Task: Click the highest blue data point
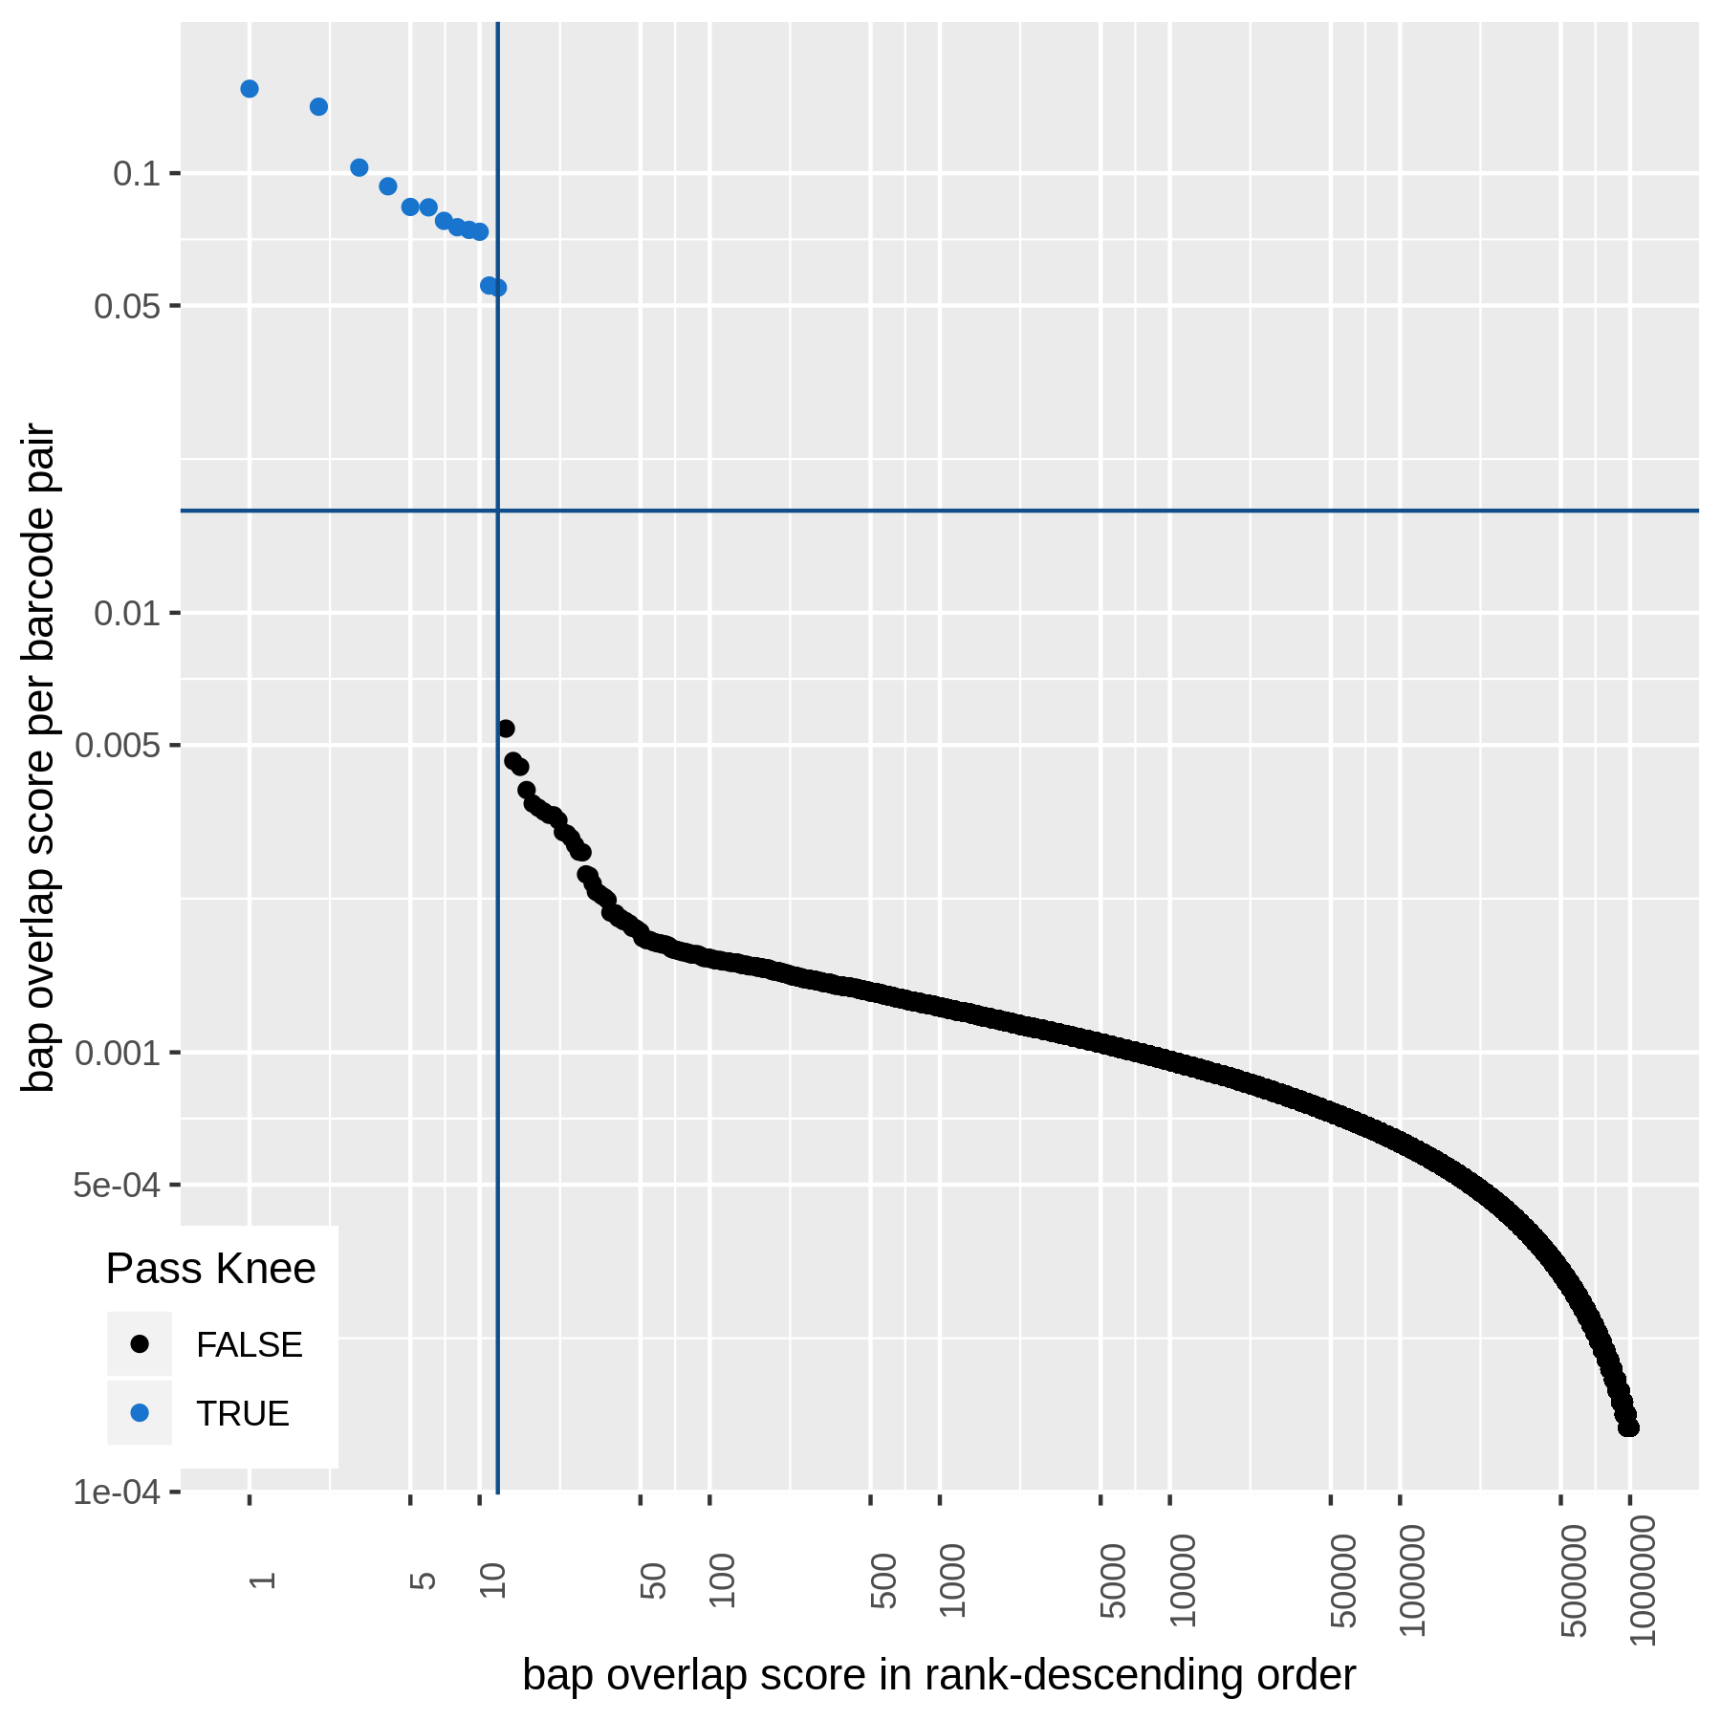coord(249,89)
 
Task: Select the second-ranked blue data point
coord(318,106)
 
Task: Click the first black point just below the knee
coord(506,729)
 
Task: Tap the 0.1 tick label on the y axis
coord(136,174)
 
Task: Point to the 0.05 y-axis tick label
coord(126,307)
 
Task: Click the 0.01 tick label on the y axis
coord(126,613)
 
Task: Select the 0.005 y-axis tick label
coord(117,745)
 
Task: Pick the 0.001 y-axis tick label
coord(117,1053)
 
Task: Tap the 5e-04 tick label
coord(117,1186)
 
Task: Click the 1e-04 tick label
coord(117,1492)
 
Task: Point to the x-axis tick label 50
coord(652,1579)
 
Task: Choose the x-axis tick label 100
coord(722,1579)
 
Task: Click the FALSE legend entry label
coord(249,1345)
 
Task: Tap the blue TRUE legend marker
coord(140,1412)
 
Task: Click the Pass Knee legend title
coord(210,1269)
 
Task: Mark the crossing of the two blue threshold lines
coord(497,511)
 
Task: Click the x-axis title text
coord(939,1675)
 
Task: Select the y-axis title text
coord(40,757)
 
